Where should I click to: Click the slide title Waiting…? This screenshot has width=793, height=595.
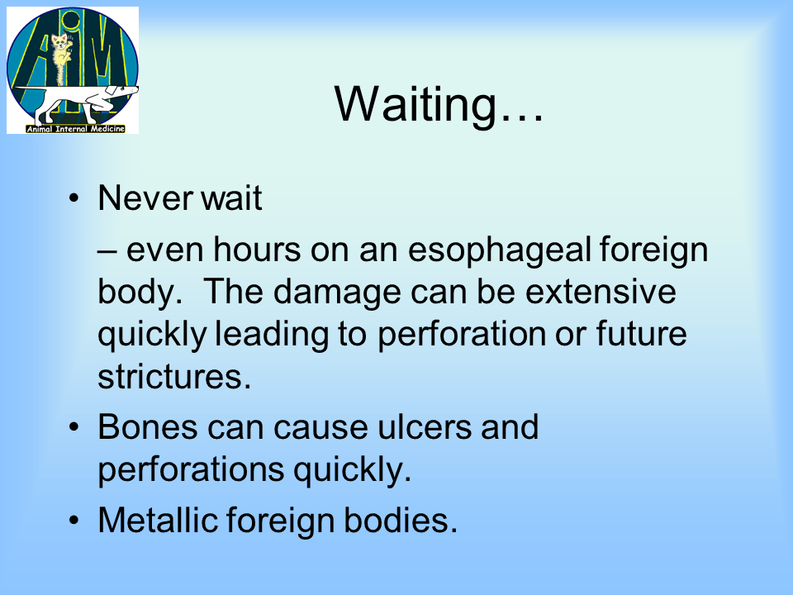(x=439, y=104)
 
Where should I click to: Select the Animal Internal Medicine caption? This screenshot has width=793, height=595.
(x=75, y=129)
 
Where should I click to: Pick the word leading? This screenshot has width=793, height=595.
(x=272, y=336)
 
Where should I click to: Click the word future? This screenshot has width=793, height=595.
(x=641, y=334)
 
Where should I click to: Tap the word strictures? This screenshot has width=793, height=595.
(x=174, y=377)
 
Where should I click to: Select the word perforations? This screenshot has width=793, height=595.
(x=191, y=471)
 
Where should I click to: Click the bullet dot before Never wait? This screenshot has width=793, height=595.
(x=74, y=198)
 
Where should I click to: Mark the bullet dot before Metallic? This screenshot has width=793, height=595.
(x=74, y=521)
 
